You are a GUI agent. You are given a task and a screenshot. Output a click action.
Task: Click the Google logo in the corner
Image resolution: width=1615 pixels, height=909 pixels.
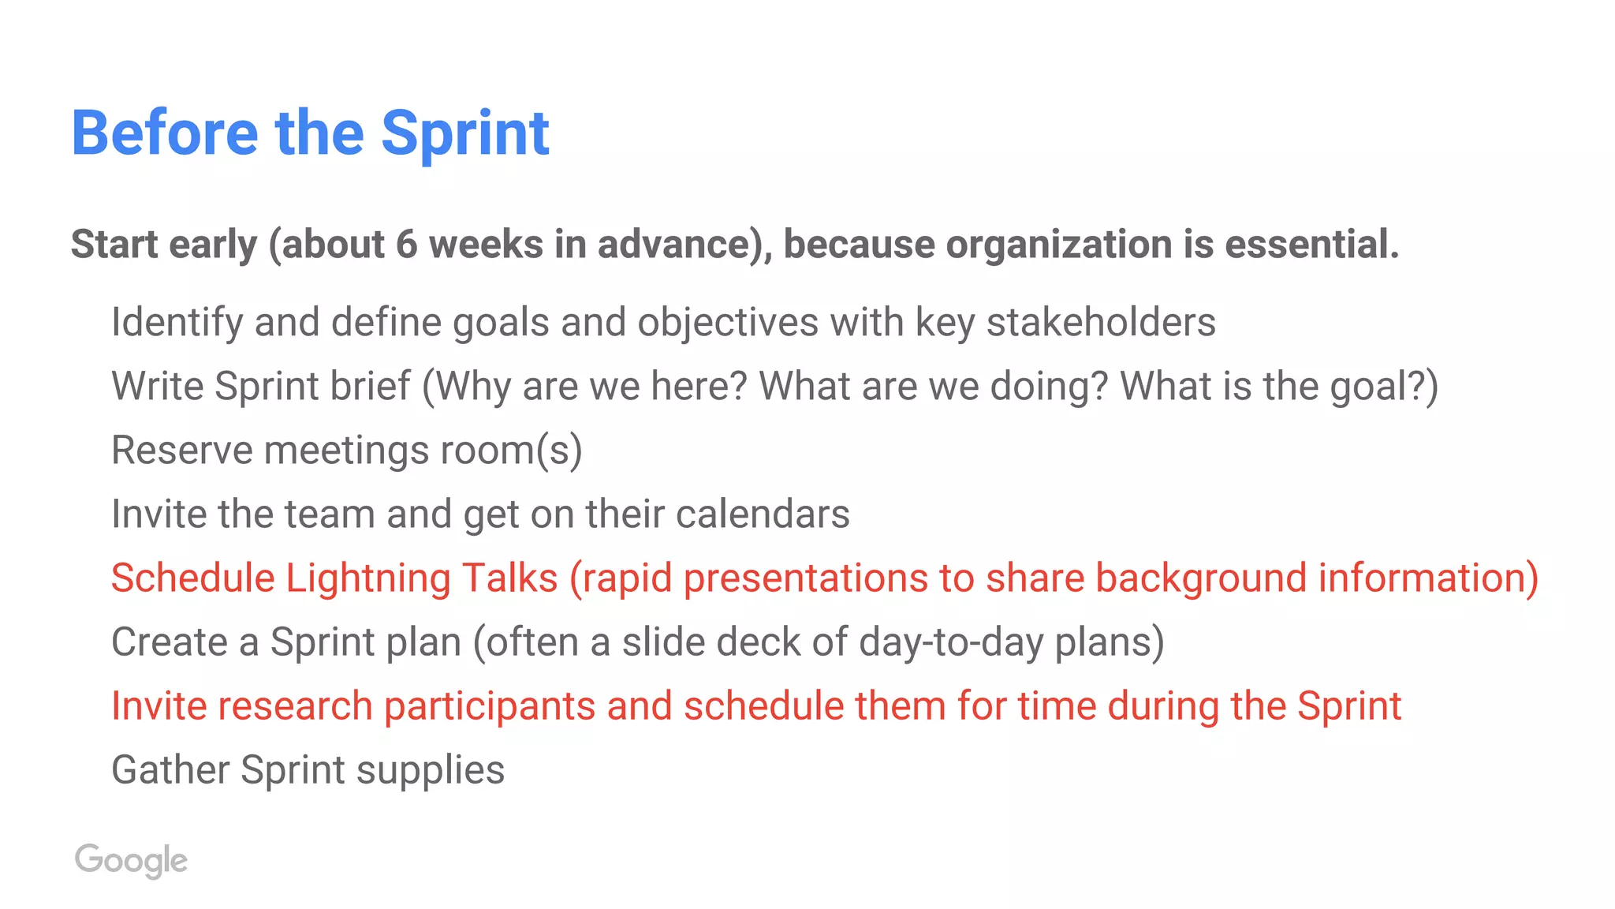[x=131, y=860]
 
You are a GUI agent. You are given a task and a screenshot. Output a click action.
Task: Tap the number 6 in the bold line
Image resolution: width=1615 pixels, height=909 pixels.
[x=406, y=245]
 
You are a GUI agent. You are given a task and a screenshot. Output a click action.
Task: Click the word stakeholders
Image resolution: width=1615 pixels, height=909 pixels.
[x=1101, y=323]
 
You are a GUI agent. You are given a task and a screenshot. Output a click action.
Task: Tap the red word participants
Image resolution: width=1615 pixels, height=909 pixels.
[x=489, y=706]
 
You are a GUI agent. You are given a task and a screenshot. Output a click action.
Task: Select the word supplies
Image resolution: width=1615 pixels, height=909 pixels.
[x=430, y=770]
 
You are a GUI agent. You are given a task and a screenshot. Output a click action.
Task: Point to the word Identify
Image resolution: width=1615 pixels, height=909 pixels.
[x=177, y=323]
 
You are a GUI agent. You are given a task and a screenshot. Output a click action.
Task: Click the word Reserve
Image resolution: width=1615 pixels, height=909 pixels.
[x=181, y=451]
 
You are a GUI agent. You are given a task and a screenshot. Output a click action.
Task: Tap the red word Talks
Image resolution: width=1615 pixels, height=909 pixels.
[x=509, y=578]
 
